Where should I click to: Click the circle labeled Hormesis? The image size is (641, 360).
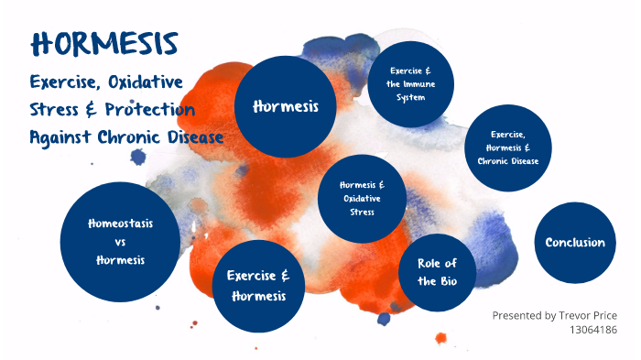tap(285, 106)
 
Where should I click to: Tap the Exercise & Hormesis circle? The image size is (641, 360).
tap(258, 286)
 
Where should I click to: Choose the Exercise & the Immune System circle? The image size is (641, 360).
tap(411, 83)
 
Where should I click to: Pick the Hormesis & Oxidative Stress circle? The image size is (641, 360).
tap(362, 199)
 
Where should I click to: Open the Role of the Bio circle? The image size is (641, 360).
tap(438, 273)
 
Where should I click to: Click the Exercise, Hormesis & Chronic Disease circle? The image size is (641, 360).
tap(508, 147)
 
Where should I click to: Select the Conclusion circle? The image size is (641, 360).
tap(575, 243)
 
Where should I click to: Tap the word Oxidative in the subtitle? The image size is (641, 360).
tap(145, 82)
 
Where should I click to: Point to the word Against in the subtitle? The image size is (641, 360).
tap(57, 137)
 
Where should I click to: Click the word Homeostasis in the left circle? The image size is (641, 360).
tap(120, 224)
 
